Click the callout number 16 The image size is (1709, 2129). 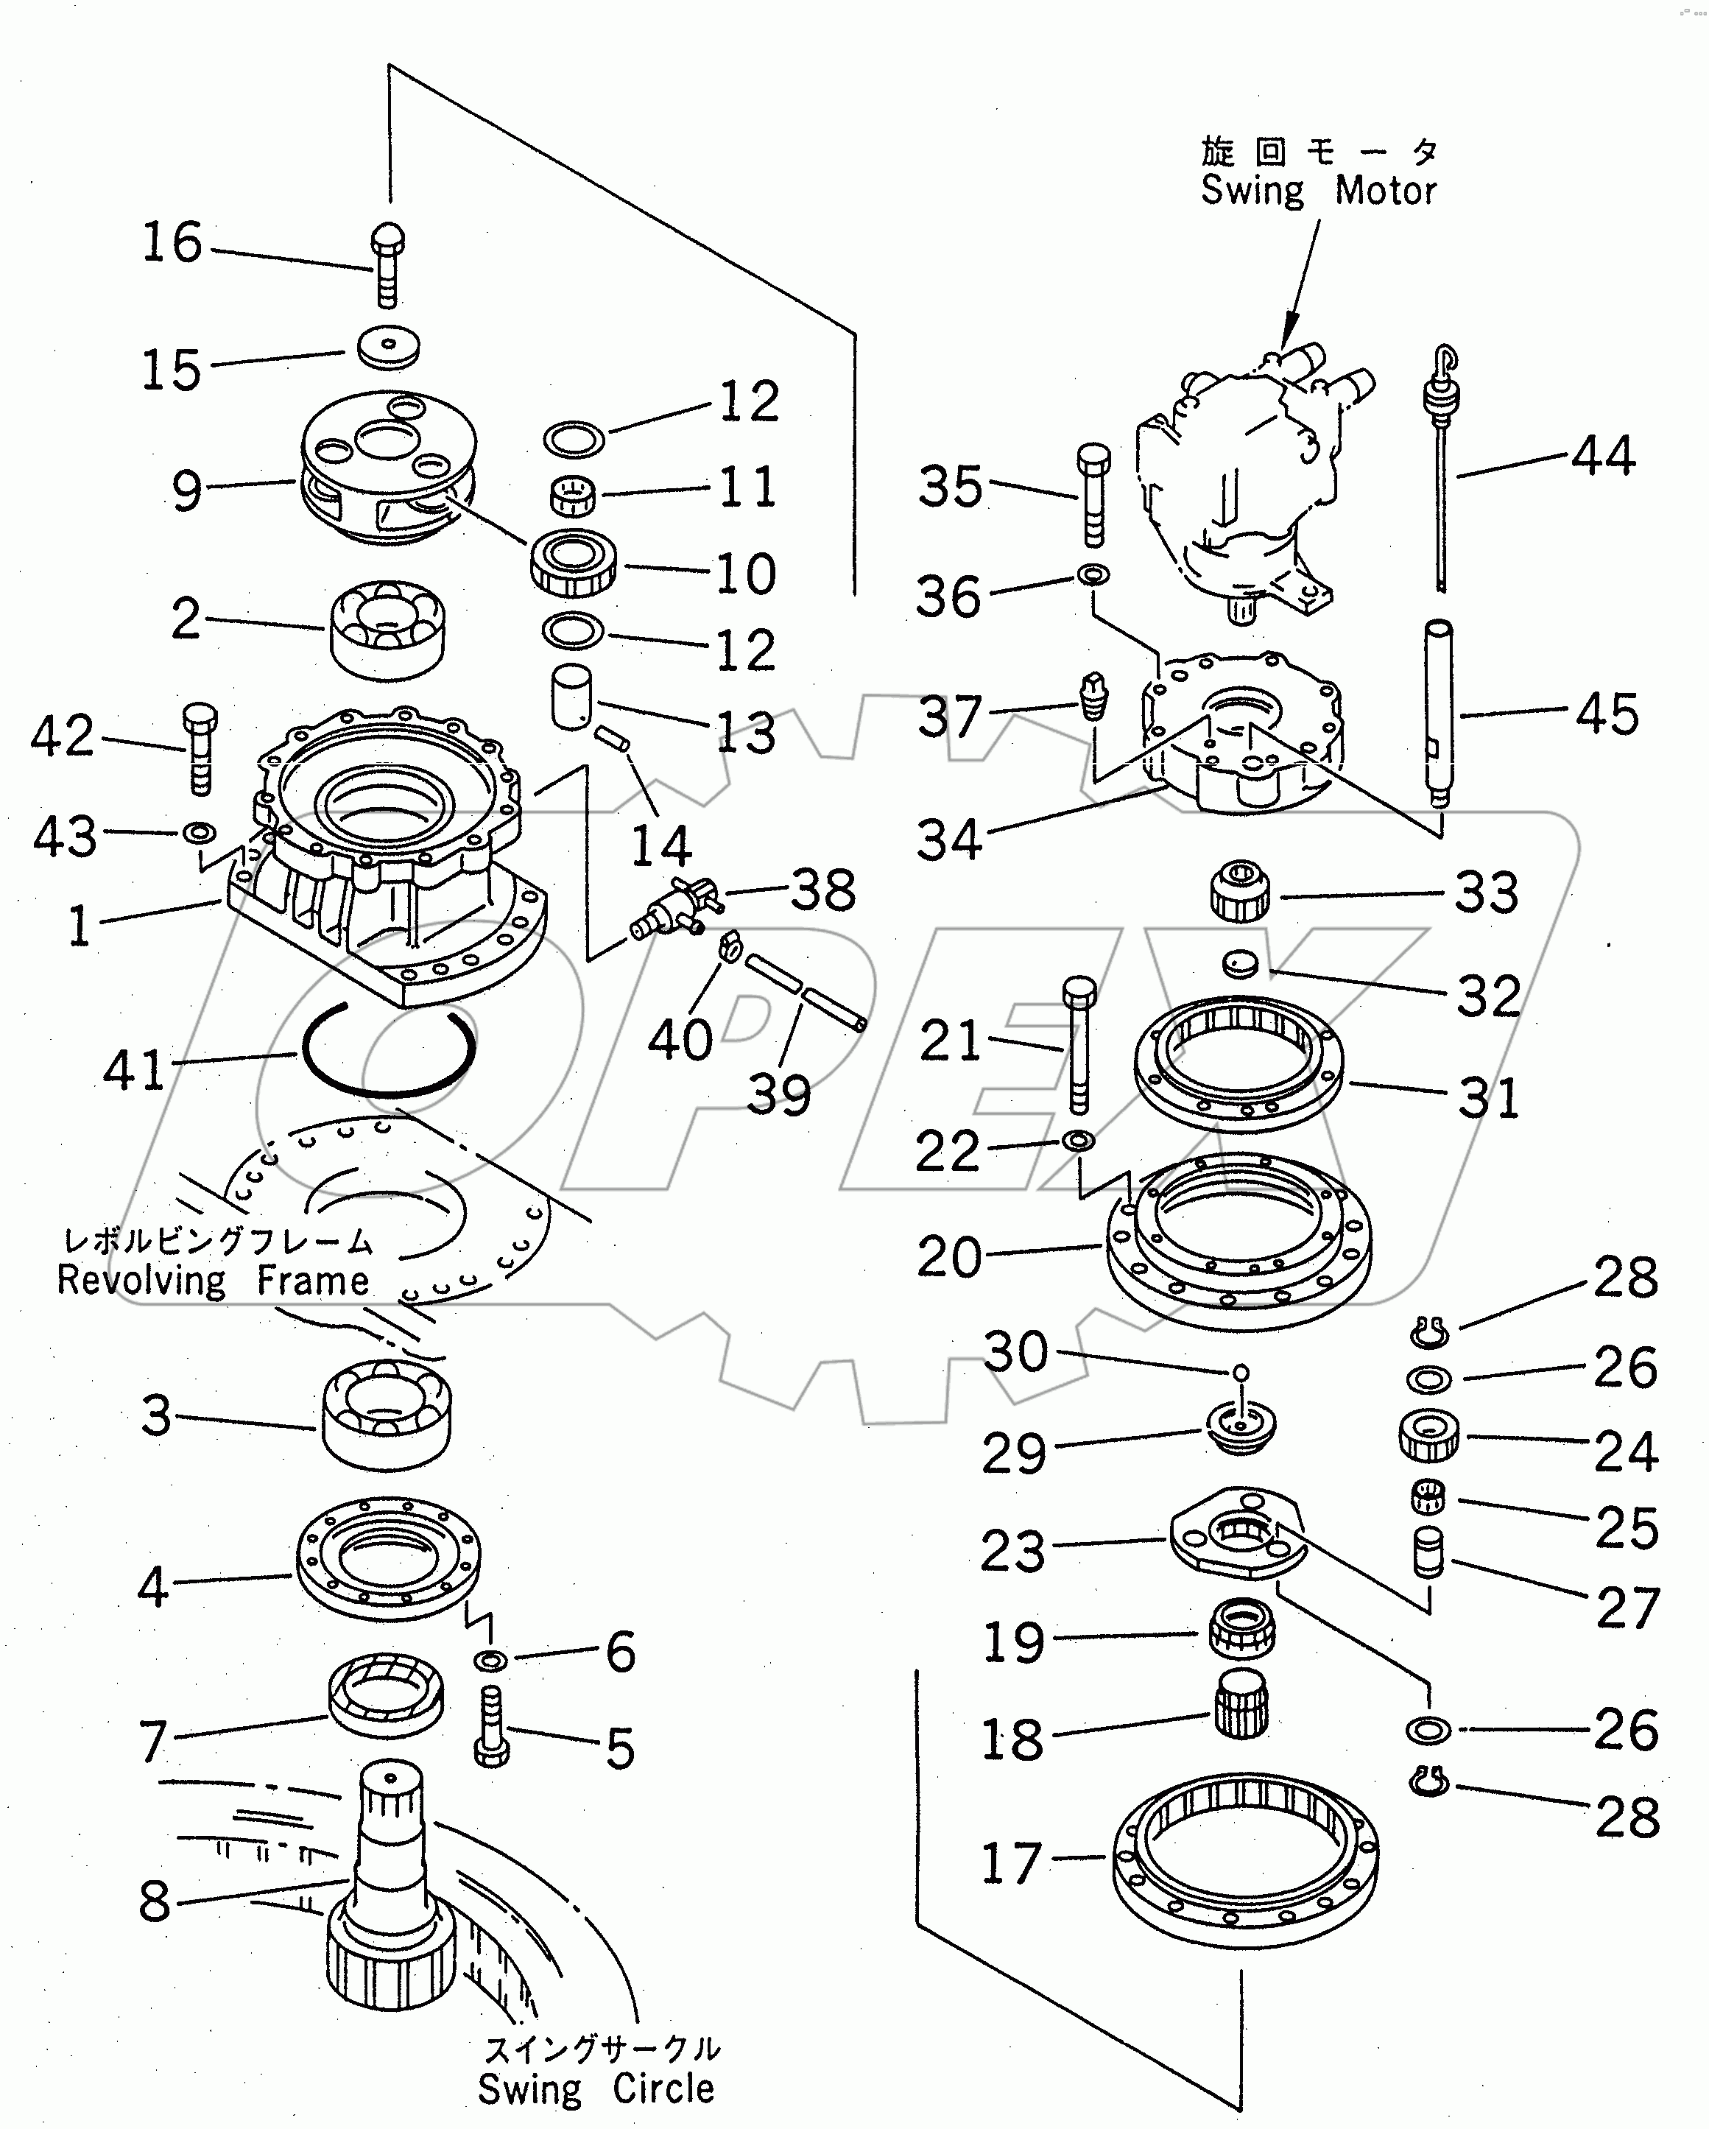172,242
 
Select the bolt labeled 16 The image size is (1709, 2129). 388,264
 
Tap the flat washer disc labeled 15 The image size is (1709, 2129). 388,347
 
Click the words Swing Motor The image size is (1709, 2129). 1318,191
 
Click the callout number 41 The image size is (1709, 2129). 133,1069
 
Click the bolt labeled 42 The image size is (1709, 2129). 200,747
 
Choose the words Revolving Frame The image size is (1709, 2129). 212,1281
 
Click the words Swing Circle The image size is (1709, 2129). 596,2088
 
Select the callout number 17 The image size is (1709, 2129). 1011,1863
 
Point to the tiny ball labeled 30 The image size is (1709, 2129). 1242,1372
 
